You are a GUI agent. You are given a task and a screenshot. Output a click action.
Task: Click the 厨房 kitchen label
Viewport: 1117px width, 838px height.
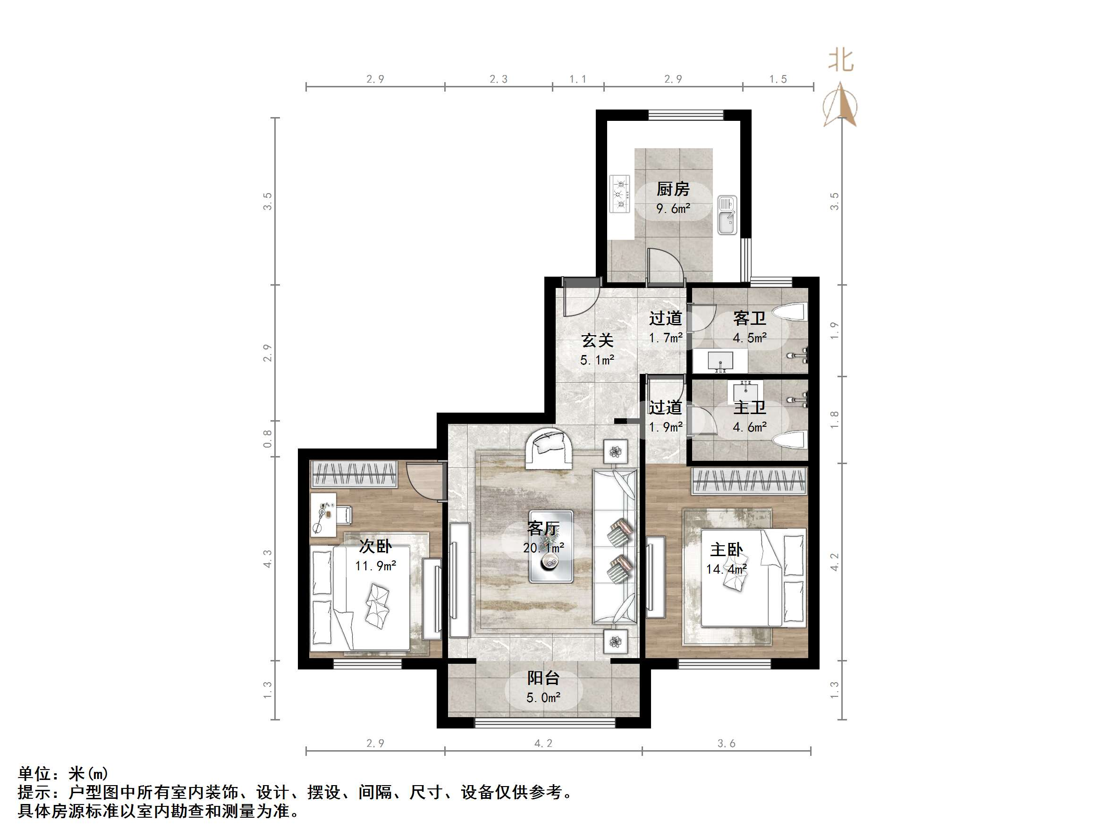[x=673, y=189]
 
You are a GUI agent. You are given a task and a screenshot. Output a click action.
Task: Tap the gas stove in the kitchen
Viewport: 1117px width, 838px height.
[x=619, y=194]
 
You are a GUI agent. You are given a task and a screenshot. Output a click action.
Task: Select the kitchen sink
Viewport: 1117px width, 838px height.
[x=727, y=215]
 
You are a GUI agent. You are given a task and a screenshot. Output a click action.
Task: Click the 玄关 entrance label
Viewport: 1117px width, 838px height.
[x=597, y=340]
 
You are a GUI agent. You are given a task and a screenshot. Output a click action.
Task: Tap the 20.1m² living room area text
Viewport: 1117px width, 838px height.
[x=543, y=548]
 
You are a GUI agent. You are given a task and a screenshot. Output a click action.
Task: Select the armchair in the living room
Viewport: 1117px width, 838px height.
[x=549, y=449]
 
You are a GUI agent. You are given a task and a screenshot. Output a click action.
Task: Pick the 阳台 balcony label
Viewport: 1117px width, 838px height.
[x=543, y=678]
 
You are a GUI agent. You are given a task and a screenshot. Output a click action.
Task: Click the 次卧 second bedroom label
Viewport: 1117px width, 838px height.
[x=375, y=546]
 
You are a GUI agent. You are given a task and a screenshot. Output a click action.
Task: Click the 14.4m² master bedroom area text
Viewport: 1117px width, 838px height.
[x=726, y=569]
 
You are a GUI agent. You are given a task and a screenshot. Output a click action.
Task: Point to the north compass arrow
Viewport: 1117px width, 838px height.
[x=840, y=105]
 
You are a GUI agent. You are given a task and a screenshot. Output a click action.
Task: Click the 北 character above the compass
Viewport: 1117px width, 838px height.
[x=841, y=60]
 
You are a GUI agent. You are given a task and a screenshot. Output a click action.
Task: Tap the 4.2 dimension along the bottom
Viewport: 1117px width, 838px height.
[x=543, y=743]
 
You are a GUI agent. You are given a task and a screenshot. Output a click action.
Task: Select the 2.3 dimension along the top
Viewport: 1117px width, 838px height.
[x=499, y=79]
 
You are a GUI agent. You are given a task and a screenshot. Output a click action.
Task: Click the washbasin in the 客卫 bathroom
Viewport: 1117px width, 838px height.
[x=720, y=361]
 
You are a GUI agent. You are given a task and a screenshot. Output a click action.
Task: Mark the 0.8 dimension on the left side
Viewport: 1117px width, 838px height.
[x=268, y=439]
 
